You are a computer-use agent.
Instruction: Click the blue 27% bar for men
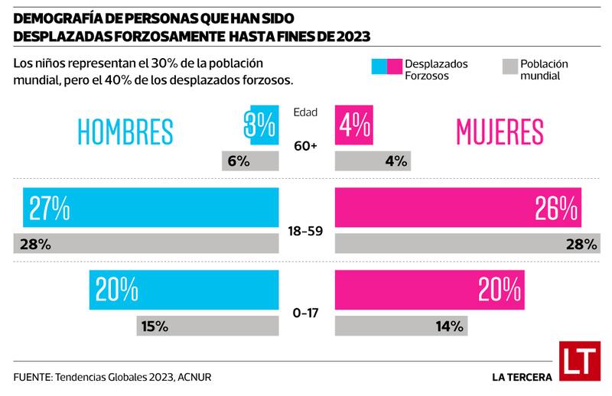click(151, 206)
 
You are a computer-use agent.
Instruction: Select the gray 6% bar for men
click(249, 161)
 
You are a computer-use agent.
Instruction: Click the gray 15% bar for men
click(208, 325)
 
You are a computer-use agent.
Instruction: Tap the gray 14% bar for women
click(401, 325)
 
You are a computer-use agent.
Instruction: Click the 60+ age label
click(305, 144)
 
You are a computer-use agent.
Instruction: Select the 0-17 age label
click(305, 311)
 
